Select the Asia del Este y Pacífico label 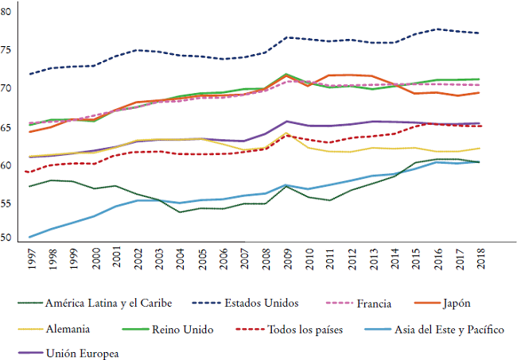coord(447,328)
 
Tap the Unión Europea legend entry coord(87,353)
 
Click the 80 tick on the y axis coord(6,12)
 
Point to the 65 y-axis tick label coord(6,127)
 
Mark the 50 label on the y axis coord(6,237)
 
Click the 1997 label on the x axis coord(31,259)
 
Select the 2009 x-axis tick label coord(287,259)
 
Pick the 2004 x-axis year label coord(181,259)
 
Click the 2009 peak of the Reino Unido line coord(286,74)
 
